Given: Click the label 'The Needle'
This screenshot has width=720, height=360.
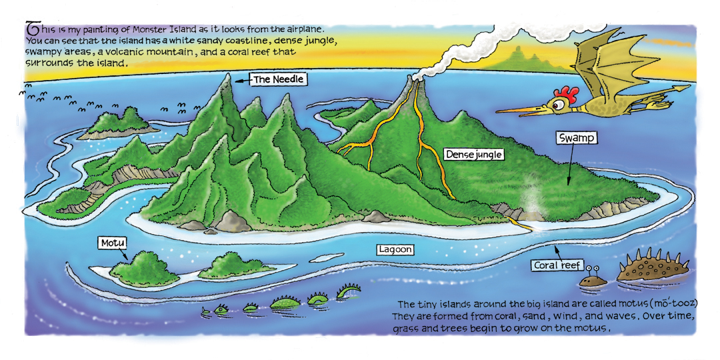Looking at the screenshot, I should click(x=279, y=79).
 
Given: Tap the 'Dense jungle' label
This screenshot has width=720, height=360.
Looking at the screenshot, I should click(x=474, y=155).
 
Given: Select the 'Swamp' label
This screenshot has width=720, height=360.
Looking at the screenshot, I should click(x=576, y=139).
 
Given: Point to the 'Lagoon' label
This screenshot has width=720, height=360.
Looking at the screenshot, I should click(x=395, y=250).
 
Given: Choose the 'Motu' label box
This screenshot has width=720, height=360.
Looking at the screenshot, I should click(x=113, y=242).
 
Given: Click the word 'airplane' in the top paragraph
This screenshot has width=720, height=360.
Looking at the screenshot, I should click(x=303, y=30).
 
